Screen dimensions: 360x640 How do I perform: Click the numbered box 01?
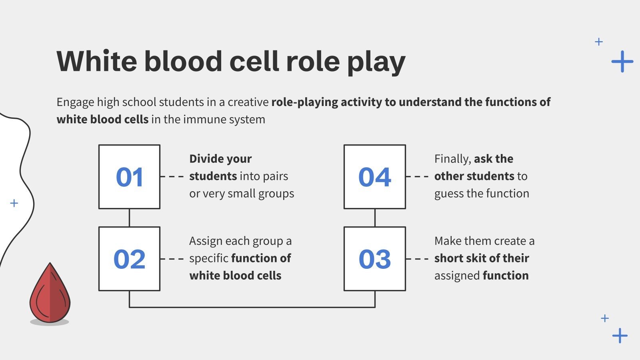tap(129, 177)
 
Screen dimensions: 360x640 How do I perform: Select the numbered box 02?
tap(129, 259)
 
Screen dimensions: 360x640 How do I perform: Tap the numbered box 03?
tap(374, 259)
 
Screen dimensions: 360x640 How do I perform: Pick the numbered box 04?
tap(374, 177)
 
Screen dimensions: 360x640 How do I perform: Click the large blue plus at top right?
tap(622, 62)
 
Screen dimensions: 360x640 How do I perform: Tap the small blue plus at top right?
tap(599, 42)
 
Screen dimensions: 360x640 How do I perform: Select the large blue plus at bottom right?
tap(620, 336)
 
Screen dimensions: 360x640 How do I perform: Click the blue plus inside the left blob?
tap(14, 203)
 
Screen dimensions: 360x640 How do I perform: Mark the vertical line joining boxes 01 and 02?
tap(129, 218)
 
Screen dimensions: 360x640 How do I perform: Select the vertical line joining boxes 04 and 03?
tap(375, 218)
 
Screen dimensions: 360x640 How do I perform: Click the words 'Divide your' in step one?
tap(220, 159)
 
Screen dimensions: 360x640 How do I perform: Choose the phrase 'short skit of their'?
tap(482, 258)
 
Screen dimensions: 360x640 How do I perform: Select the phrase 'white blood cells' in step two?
tap(235, 276)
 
